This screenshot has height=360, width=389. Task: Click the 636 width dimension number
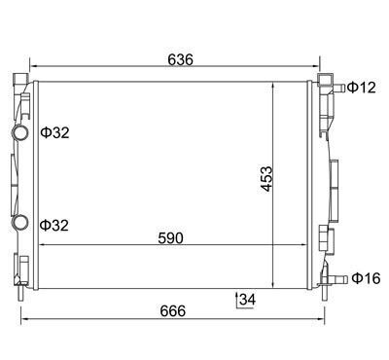tap(180, 59)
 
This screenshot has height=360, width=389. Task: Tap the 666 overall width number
tap(173, 311)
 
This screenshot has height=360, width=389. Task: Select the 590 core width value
tap(170, 238)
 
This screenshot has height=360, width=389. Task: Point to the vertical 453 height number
tap(266, 179)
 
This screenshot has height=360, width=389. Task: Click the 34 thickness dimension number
tap(247, 300)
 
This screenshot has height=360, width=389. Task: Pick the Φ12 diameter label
tap(362, 88)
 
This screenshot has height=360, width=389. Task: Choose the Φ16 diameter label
tap(366, 278)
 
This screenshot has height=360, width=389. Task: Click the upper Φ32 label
tap(55, 132)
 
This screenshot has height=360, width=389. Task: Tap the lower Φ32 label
tap(54, 226)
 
